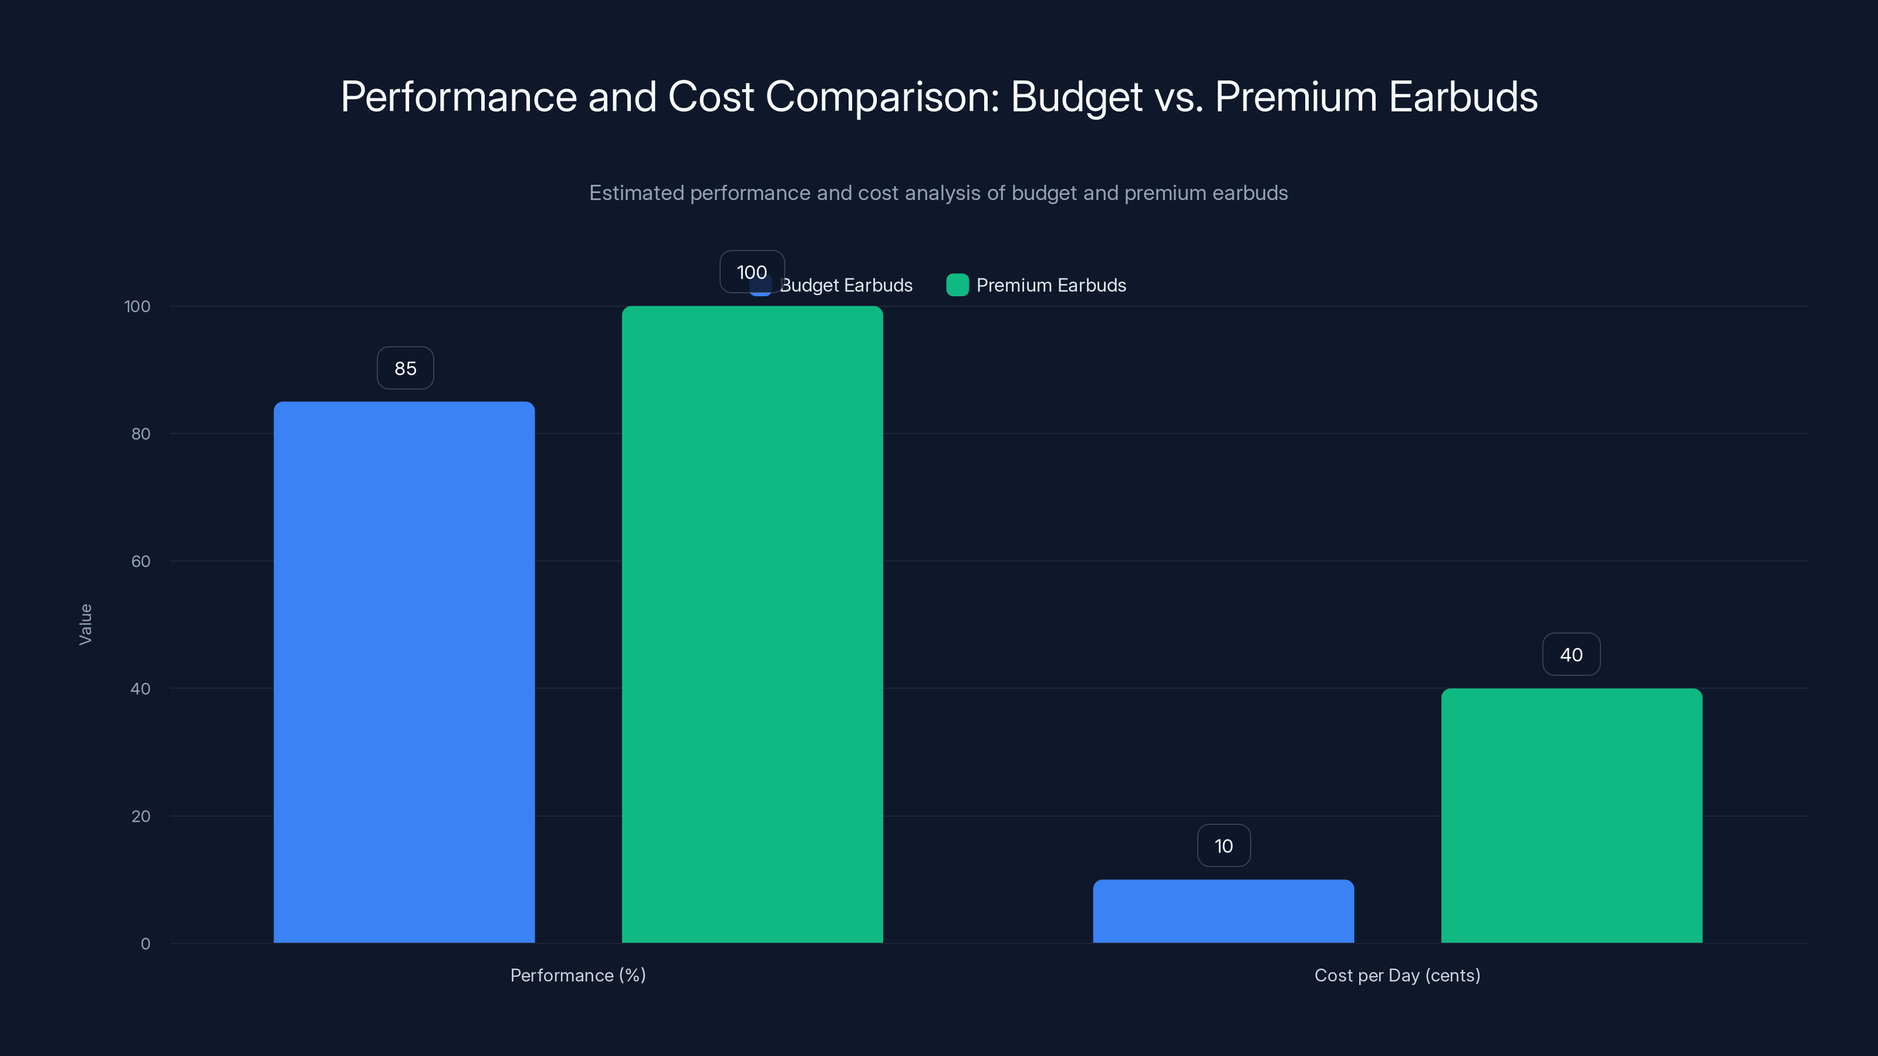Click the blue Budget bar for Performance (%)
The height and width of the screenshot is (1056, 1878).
(404, 671)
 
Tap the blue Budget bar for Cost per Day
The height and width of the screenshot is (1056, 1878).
(1223, 911)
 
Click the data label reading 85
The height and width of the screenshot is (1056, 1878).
(406, 368)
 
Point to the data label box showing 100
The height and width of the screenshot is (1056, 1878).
(752, 272)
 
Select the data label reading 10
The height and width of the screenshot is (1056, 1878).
(1223, 845)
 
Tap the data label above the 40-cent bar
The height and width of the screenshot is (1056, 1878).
(1571, 655)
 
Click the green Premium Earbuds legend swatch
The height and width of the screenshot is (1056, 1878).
(957, 285)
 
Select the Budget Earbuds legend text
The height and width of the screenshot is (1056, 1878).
(846, 285)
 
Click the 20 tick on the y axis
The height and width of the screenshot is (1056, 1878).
(141, 816)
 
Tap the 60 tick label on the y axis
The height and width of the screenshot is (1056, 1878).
(141, 561)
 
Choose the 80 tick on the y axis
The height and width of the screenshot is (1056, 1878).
(141, 434)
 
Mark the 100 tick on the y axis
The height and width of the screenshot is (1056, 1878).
(137, 306)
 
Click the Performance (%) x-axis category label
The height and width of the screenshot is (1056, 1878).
(577, 975)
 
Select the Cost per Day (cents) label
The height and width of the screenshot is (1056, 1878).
(1397, 975)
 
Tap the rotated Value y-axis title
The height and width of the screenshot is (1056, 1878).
(85, 624)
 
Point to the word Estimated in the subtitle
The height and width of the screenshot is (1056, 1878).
(636, 193)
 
